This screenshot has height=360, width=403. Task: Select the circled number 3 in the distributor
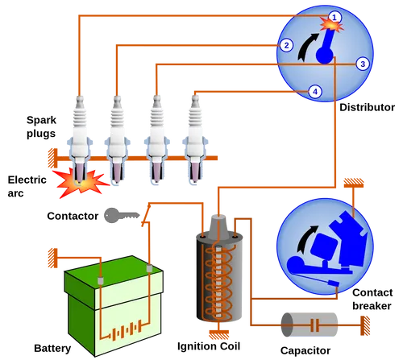(x=362, y=63)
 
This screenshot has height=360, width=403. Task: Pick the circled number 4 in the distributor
(x=315, y=92)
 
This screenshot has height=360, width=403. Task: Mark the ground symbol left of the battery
(x=52, y=258)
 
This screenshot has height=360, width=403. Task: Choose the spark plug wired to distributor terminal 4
(x=194, y=137)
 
